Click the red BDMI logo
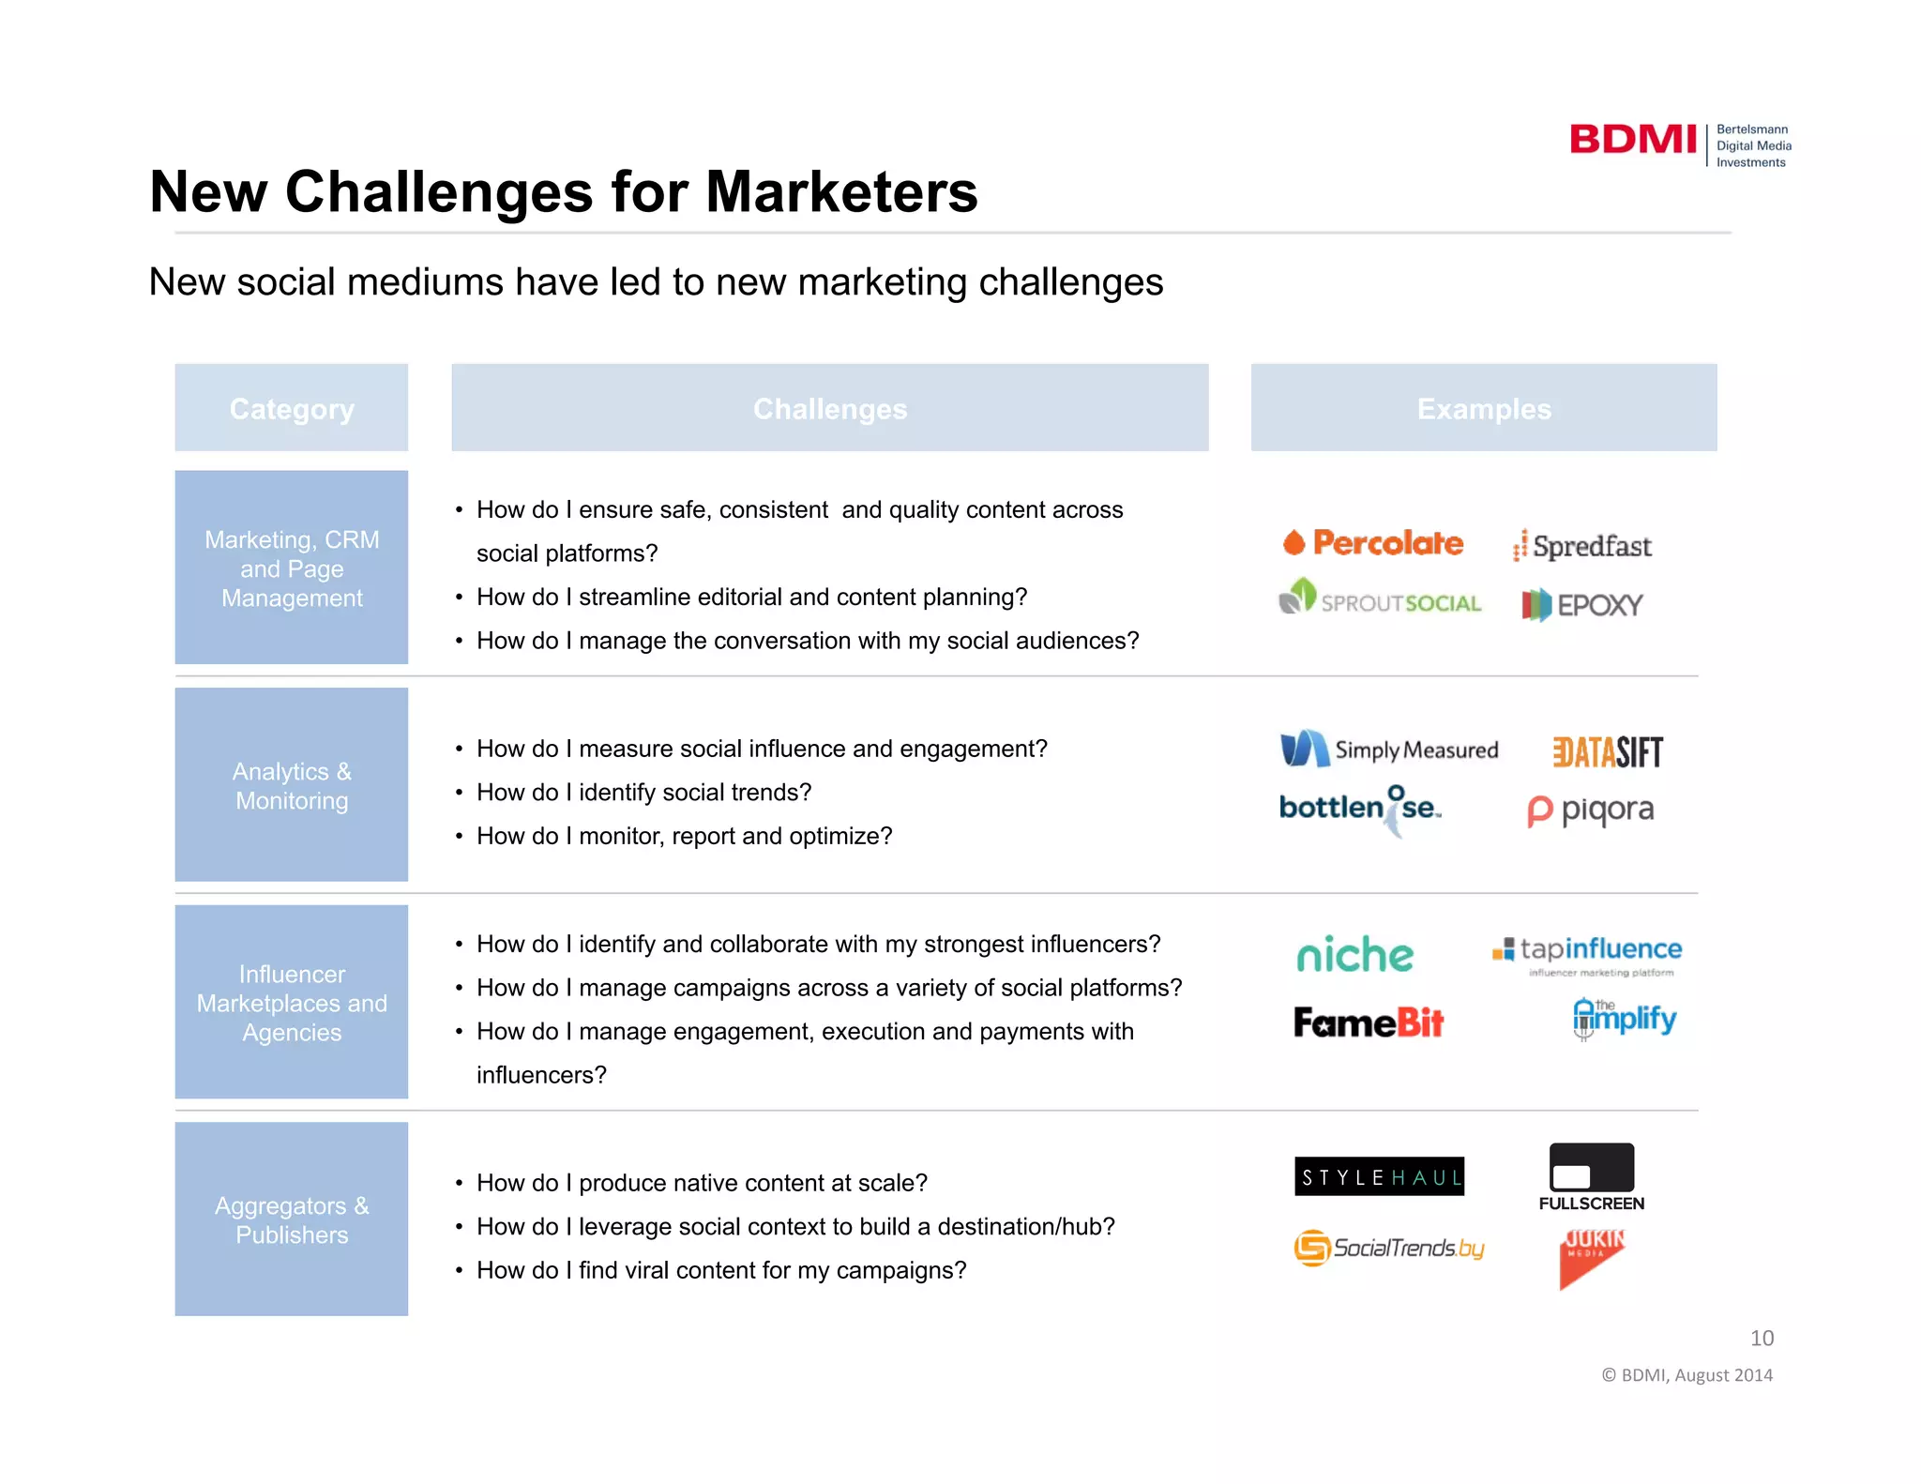coord(1632,140)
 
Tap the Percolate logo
coord(1373,542)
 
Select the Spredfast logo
coord(1582,546)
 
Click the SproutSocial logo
coord(1380,598)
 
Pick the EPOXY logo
coord(1582,605)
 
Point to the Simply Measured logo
coord(1389,750)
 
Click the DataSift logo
coord(1607,751)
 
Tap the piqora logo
coord(1591,810)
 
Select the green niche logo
coord(1354,954)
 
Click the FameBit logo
coord(1369,1022)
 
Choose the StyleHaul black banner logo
coord(1379,1176)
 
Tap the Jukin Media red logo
coord(1591,1257)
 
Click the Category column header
coord(292,408)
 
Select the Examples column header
coord(1483,408)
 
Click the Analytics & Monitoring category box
coord(292,785)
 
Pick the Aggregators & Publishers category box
coord(292,1219)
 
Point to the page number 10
coord(1762,1338)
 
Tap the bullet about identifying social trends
coord(643,793)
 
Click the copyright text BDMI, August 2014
coord(1687,1375)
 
